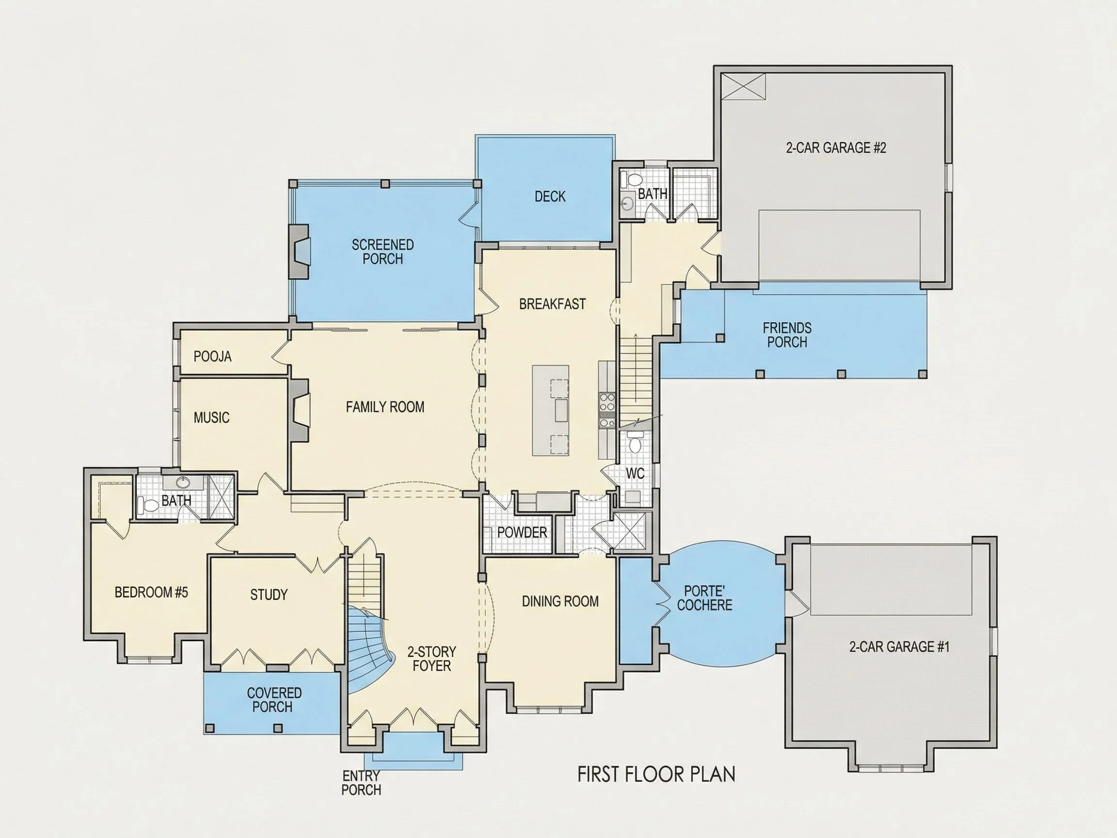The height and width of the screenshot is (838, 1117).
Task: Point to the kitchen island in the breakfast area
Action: [x=550, y=410]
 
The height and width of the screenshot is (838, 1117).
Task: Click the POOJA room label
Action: [x=213, y=356]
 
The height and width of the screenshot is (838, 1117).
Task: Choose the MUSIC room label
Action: [x=211, y=417]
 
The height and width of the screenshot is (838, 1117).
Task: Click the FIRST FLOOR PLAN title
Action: [x=656, y=774]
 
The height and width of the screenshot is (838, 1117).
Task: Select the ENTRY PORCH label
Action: [x=361, y=782]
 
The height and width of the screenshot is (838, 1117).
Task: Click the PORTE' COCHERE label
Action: [x=704, y=598]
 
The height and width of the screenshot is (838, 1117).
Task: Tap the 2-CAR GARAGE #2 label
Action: [x=836, y=147]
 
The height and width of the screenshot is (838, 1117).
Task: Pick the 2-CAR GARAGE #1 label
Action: [x=899, y=646]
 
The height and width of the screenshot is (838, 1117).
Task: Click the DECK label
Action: [x=550, y=196]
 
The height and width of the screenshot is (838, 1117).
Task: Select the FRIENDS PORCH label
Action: [x=787, y=335]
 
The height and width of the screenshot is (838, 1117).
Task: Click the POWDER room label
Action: [x=522, y=532]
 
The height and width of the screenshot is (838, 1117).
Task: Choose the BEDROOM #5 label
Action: [x=151, y=592]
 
